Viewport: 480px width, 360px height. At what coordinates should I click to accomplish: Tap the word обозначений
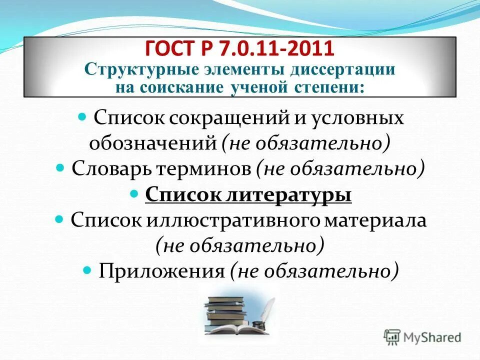pyautogui.click(x=152, y=143)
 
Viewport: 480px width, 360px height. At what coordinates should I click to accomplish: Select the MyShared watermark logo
pyautogui.click(x=422, y=337)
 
